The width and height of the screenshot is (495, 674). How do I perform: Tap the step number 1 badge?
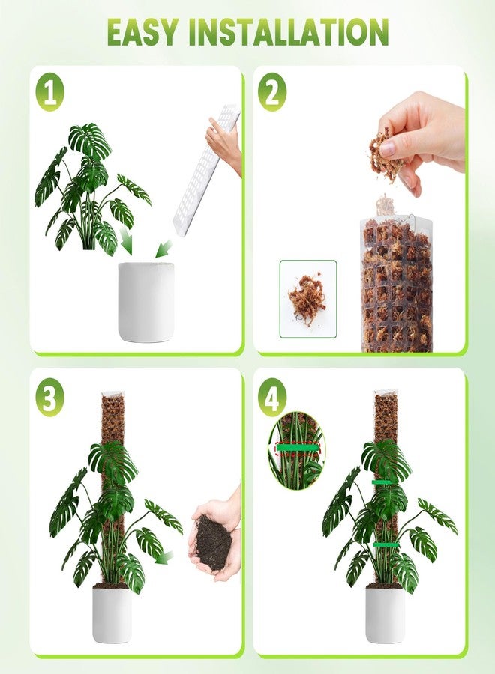click(x=49, y=94)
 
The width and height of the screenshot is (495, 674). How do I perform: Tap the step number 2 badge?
click(x=271, y=94)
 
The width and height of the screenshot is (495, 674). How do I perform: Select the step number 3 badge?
click(x=49, y=398)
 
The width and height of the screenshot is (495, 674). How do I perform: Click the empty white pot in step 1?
click(x=146, y=301)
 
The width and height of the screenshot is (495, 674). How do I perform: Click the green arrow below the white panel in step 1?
click(x=164, y=248)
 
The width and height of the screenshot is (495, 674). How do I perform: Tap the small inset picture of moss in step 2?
click(x=307, y=298)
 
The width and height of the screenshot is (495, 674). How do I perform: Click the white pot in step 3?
click(x=111, y=614)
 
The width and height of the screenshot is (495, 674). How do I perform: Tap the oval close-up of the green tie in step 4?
click(x=297, y=450)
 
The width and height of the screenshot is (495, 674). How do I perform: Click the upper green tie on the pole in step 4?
click(x=385, y=482)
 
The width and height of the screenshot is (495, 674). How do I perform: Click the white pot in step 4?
click(x=385, y=614)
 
